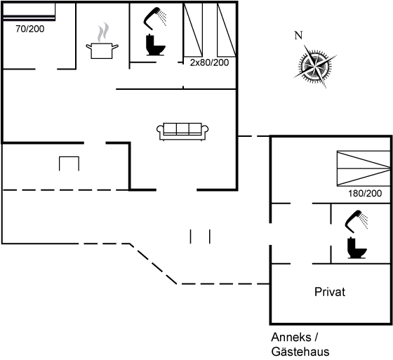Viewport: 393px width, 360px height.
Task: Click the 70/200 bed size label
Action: (x=29, y=29)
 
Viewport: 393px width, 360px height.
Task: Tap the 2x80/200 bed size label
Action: (x=209, y=62)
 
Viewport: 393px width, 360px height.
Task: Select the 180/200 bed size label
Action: (x=365, y=193)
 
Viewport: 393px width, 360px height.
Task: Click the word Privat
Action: (x=330, y=292)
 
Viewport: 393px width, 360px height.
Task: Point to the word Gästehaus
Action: (x=300, y=352)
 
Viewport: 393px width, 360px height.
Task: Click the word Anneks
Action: (x=291, y=337)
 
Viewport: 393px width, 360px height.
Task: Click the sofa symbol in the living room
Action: (x=182, y=131)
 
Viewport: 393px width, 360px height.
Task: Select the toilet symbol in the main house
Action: (x=155, y=45)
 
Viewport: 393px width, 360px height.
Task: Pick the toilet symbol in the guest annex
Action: (x=357, y=248)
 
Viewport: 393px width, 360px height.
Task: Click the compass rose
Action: (x=315, y=66)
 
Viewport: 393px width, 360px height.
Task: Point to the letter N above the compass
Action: (x=298, y=36)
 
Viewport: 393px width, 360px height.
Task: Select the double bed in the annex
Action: (x=364, y=168)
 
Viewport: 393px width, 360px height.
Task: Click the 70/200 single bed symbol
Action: (x=29, y=11)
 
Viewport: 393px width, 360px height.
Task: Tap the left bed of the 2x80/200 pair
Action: (x=193, y=30)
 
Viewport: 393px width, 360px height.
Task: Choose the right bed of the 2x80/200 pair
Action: (x=227, y=30)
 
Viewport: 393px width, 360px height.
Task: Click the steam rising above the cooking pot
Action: (x=103, y=32)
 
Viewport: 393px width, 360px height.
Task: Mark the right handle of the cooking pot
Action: (x=115, y=47)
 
